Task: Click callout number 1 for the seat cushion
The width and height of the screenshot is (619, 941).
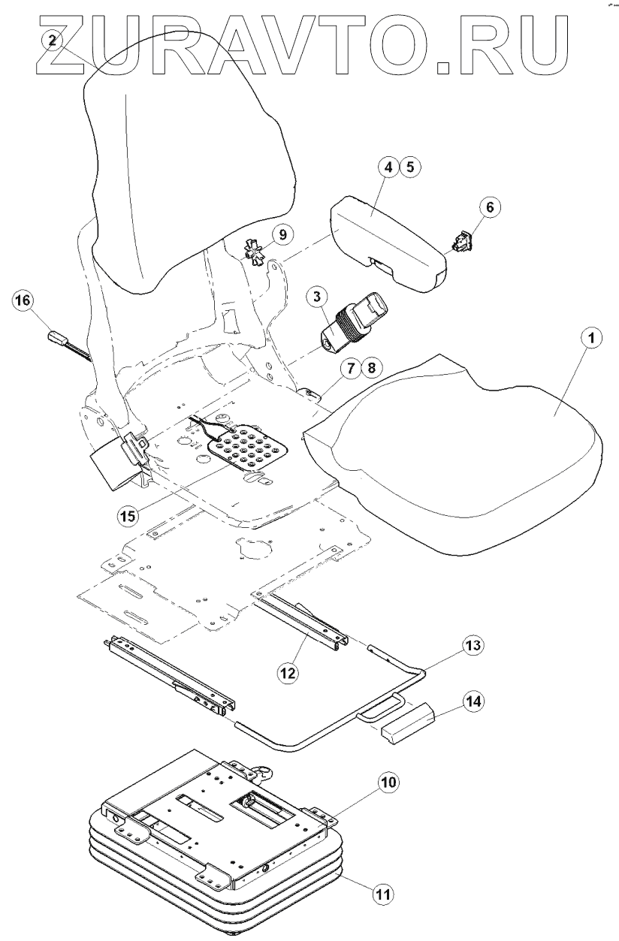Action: (590, 338)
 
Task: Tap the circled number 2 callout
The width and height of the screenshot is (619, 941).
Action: (53, 41)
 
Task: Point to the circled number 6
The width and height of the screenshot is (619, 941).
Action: (489, 207)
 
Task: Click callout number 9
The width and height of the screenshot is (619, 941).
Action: (282, 235)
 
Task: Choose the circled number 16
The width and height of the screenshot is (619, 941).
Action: (23, 300)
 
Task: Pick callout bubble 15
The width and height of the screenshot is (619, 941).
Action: (128, 515)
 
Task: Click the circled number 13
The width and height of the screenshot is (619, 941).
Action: (473, 645)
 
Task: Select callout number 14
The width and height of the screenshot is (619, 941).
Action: (473, 701)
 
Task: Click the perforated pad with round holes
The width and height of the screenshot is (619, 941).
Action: (249, 448)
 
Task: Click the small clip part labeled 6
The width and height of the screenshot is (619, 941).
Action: (462, 241)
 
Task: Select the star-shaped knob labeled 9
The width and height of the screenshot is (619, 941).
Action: (255, 252)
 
